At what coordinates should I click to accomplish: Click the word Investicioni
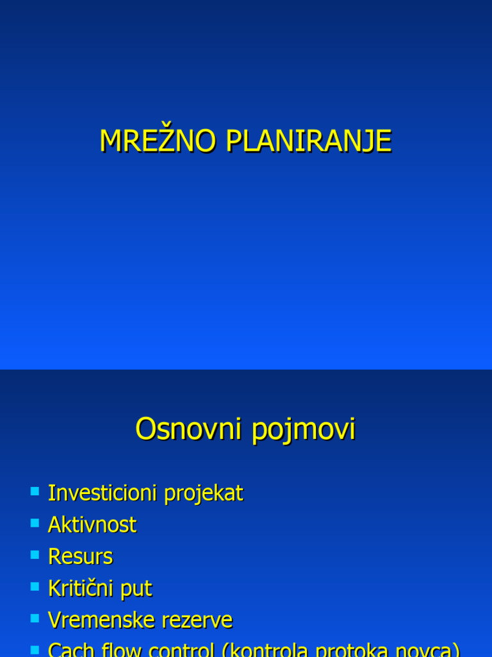(x=102, y=493)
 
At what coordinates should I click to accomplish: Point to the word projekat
(x=204, y=494)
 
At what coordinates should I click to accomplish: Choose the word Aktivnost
(x=92, y=525)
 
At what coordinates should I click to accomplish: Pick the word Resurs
(x=81, y=556)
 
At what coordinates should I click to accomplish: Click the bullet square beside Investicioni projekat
(x=35, y=492)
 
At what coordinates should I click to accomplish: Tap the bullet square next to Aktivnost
(x=35, y=524)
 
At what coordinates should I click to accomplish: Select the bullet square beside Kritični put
(x=35, y=587)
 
